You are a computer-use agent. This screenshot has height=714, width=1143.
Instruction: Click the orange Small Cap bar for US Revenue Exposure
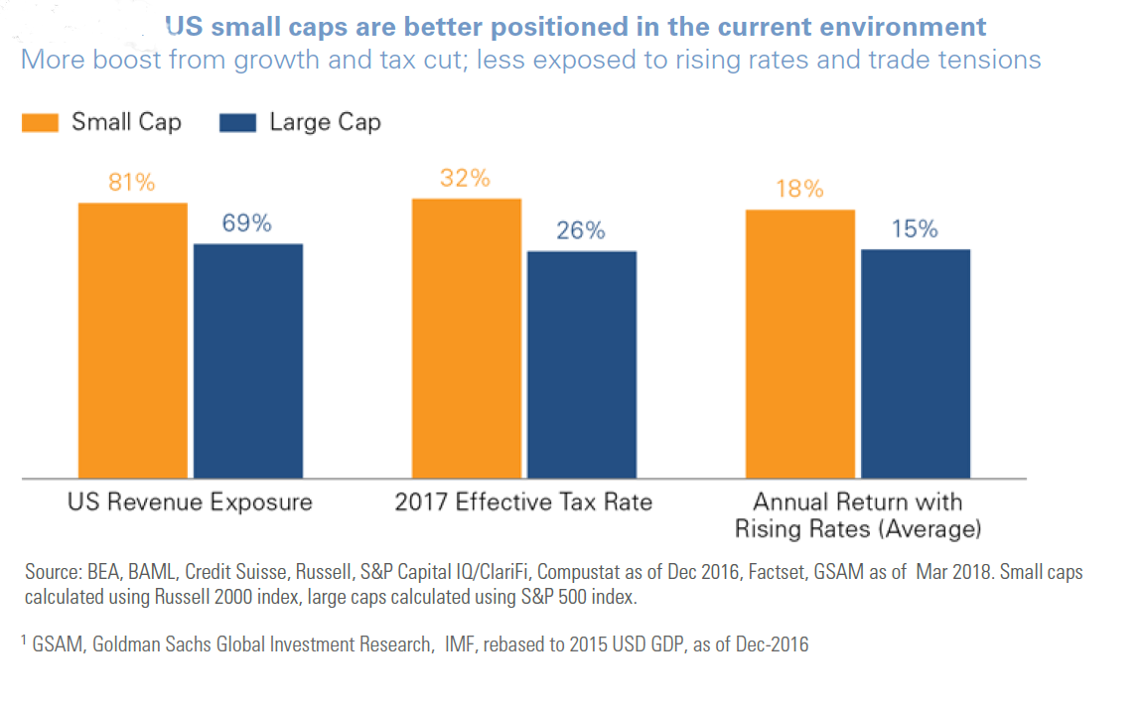point(132,340)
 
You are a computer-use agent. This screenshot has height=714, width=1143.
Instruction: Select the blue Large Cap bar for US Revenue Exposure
point(248,360)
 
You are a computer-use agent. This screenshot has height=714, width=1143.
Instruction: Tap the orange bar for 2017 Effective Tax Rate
point(466,338)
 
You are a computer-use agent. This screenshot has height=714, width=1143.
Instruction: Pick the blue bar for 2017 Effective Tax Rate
point(582,364)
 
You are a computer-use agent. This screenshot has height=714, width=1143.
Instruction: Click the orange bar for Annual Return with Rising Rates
point(799,344)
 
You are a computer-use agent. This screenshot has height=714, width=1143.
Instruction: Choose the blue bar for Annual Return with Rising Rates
point(916,363)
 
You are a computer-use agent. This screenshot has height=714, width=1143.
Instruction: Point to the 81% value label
point(132,184)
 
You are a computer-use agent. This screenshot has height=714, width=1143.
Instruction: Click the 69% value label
point(247,224)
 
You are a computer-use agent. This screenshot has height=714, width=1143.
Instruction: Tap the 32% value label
point(466,179)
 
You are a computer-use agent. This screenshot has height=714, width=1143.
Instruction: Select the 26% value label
point(581,231)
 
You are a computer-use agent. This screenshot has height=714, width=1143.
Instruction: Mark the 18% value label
point(799,190)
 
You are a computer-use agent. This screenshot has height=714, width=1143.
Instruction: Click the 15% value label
point(915,229)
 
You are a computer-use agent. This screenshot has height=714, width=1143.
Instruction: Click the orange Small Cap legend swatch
point(40,123)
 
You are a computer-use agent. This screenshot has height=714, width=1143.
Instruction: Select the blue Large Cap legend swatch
point(237,123)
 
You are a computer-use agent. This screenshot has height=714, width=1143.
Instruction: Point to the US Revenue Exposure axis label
point(190,501)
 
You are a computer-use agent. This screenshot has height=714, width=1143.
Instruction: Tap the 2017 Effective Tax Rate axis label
point(523,501)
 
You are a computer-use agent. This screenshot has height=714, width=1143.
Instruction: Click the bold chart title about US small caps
point(576,27)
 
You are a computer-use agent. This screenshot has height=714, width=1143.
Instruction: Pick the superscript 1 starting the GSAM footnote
point(24,641)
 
